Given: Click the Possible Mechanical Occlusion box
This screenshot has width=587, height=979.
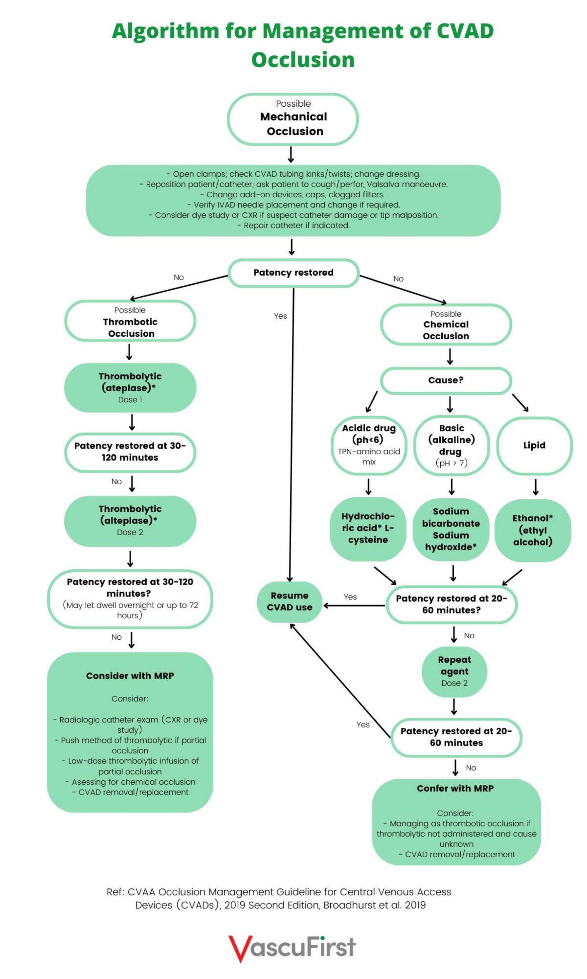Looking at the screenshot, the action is tap(293, 119).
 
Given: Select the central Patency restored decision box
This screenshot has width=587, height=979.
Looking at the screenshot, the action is tap(293, 273).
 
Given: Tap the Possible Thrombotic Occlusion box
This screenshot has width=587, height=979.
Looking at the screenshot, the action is tap(130, 321).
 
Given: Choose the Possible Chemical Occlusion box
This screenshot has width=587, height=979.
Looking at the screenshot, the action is tap(446, 325).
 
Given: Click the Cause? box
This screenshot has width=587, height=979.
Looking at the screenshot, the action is tap(446, 380).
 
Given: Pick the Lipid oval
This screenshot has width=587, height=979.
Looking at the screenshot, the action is tap(534, 445).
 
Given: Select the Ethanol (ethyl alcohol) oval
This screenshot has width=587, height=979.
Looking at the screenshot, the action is tap(532, 530).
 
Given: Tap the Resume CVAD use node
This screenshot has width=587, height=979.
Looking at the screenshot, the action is tap(289, 601).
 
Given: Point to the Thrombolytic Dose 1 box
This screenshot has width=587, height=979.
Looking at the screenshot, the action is tap(130, 387).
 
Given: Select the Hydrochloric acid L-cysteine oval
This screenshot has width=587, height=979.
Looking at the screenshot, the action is tap(368, 528).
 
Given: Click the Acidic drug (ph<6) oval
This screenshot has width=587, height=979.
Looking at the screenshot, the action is tap(369, 445).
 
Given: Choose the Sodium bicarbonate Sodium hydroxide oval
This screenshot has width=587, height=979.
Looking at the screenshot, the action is tap(450, 529).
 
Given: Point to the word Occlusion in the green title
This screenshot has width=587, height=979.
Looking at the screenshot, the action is tap(303, 60).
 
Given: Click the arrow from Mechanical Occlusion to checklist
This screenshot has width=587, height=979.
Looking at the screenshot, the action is tap(291, 154).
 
